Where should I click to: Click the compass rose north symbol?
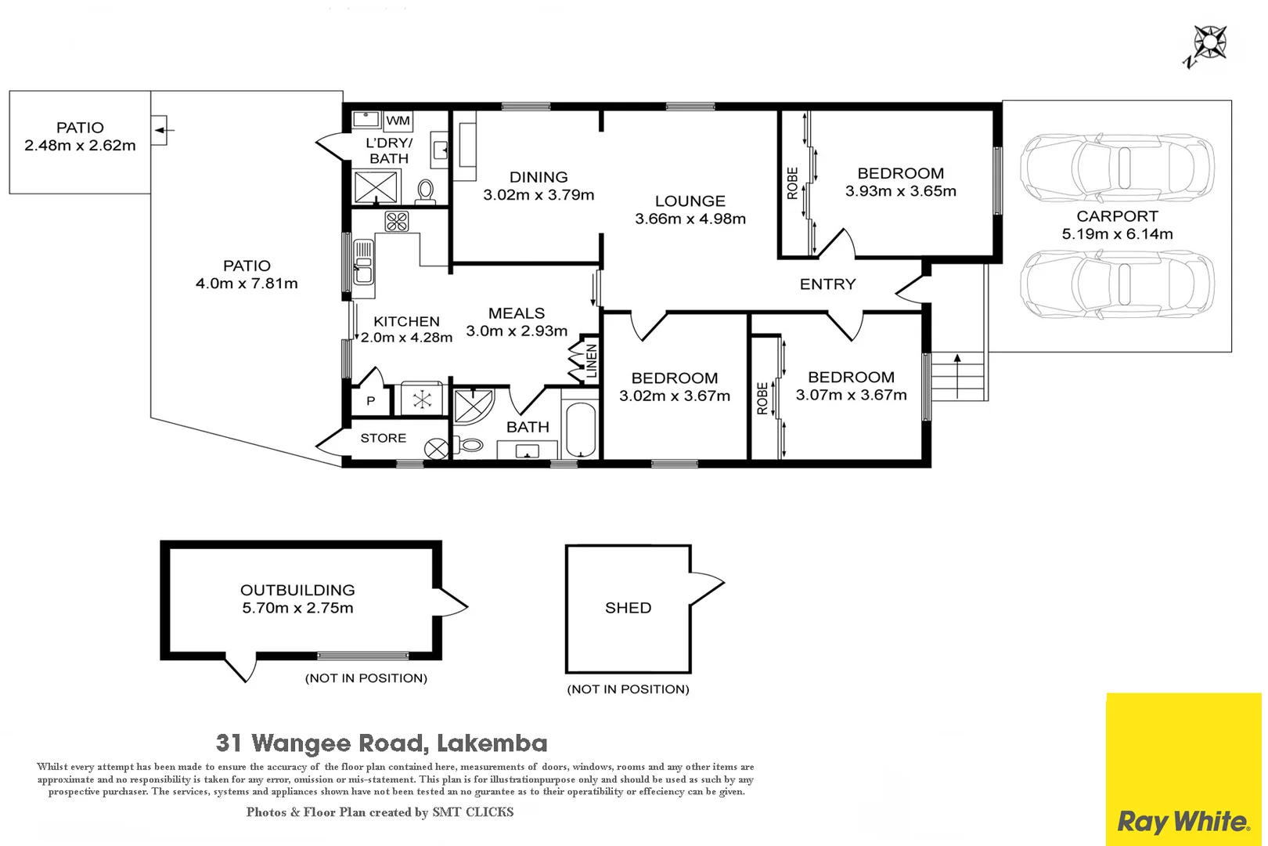pos(1209,43)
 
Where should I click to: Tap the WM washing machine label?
pos(398,121)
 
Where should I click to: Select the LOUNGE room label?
pos(690,201)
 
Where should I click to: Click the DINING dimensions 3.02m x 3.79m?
pos(539,195)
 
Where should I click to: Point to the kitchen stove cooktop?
pos(396,222)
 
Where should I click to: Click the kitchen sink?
pos(363,262)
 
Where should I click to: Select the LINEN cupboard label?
pos(592,360)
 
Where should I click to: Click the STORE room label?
pos(383,438)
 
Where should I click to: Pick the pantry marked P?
pos(370,401)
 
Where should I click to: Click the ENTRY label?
pos(827,284)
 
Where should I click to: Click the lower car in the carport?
pos(1117,284)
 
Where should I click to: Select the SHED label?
pos(628,608)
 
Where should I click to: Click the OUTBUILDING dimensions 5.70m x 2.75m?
pos(297,608)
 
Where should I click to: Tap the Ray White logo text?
pos(1183,822)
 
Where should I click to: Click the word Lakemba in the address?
pos(492,743)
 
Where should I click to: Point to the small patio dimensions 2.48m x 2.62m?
pos(80,146)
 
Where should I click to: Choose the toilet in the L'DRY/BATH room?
pos(426,190)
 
